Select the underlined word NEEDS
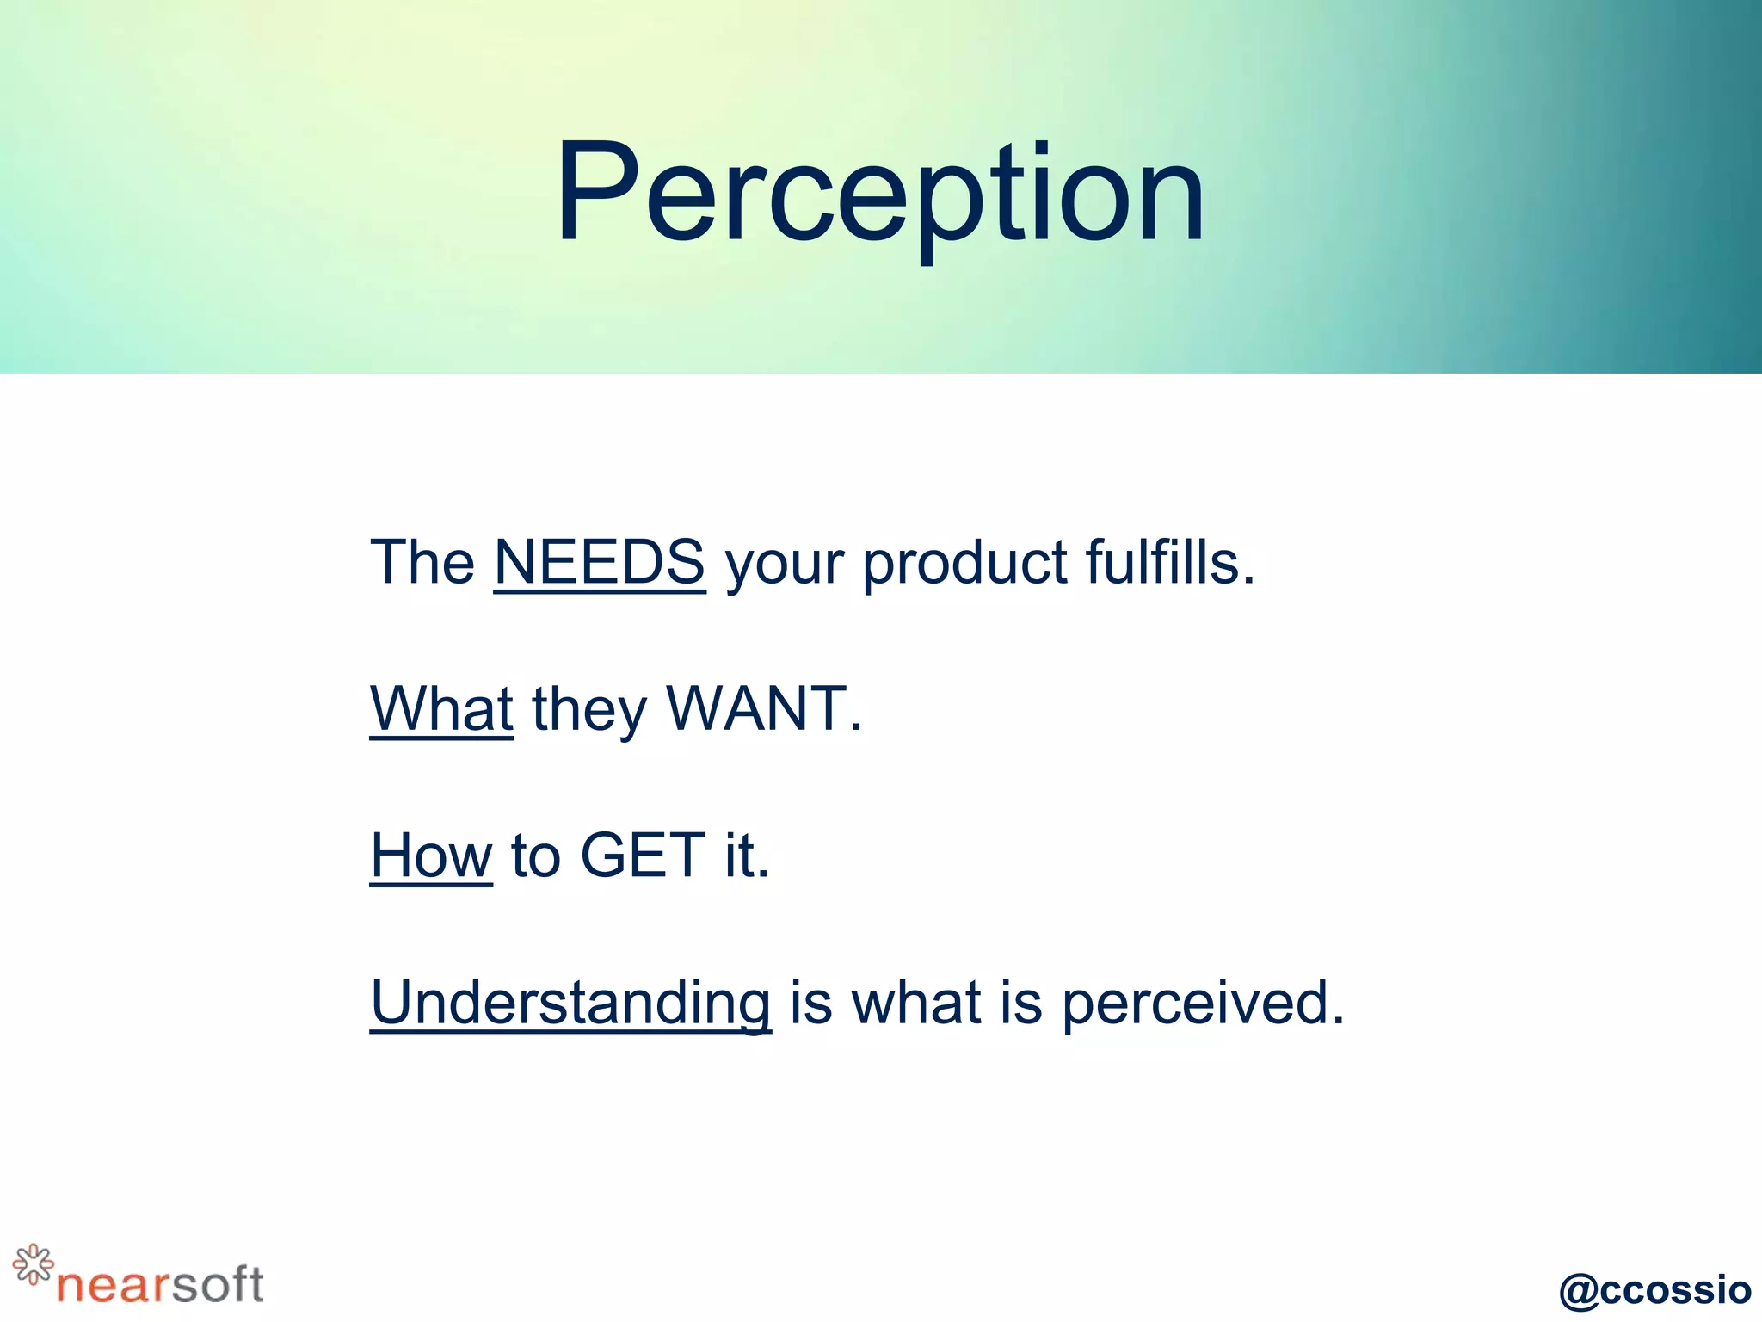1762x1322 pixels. pos(600,562)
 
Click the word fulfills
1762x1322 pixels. pos(1170,562)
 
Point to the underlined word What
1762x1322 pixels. pos(441,708)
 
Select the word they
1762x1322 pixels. pos(588,711)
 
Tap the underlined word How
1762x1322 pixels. pos(431,856)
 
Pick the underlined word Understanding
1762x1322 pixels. pos(570,1004)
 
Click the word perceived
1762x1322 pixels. pos(1202,1004)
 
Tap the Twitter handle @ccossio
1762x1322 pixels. pos(1654,1289)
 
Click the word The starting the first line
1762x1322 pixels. pos(422,562)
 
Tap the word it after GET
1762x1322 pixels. pos(745,856)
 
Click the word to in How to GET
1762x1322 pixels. pos(535,857)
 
